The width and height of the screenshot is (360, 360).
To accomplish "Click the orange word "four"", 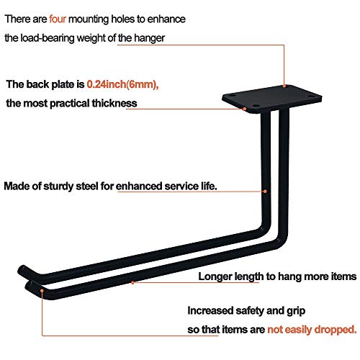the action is [58, 19].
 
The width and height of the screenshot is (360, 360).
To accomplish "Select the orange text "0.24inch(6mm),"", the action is [122, 84].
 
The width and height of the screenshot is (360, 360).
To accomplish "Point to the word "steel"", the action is [86, 186].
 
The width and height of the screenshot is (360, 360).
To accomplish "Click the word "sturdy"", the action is [58, 187].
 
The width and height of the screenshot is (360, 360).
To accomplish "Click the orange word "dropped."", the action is [336, 330].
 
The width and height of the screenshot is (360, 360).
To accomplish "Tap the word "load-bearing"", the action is [48, 38].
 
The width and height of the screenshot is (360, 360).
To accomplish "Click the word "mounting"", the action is [89, 19].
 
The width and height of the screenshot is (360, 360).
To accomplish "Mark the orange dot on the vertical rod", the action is [265, 192].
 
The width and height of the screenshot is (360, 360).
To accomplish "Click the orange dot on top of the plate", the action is [284, 86].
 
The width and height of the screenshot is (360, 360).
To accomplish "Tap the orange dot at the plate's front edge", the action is [244, 109].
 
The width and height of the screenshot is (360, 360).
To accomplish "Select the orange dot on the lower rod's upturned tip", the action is [42, 291].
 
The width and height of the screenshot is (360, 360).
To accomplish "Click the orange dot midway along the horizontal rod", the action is [132, 282].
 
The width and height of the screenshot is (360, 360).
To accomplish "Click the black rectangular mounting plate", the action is [272, 99].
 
